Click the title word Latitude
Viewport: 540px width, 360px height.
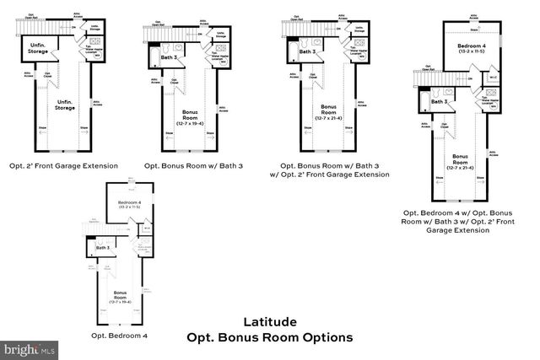click(x=269, y=321)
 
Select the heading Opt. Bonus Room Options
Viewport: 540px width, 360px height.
click(x=269, y=337)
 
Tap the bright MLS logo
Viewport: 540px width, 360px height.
click(x=30, y=347)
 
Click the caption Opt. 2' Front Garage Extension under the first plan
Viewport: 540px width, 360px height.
click(x=63, y=165)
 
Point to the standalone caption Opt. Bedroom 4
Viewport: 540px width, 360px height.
click(x=120, y=335)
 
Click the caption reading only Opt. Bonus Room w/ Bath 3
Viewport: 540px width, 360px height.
click(x=193, y=165)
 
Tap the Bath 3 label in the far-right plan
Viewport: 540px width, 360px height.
click(x=439, y=102)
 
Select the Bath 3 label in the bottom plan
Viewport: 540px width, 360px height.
click(x=103, y=248)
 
